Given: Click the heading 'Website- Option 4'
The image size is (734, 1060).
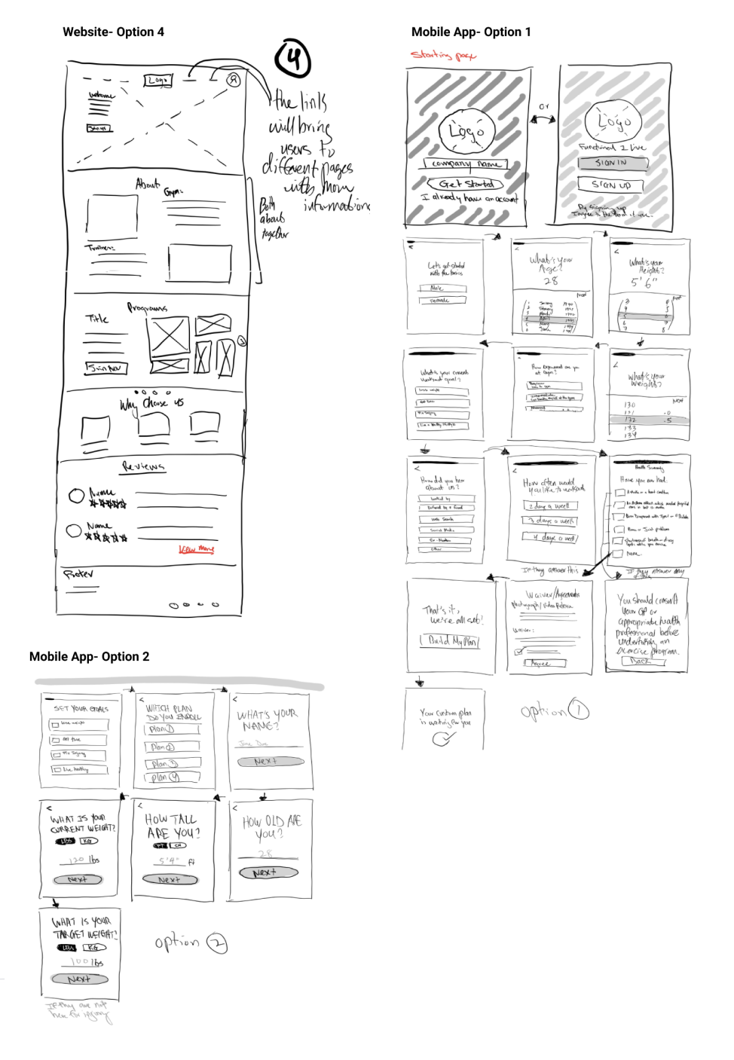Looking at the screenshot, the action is tap(113, 32).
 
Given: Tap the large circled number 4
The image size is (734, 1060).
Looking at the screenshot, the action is tap(292, 58).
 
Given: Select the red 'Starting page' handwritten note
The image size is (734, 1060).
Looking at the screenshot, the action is tap(442, 54).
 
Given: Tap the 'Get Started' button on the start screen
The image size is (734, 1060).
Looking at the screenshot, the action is tap(466, 183).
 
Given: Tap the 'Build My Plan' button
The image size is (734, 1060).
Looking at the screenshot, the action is tap(450, 640).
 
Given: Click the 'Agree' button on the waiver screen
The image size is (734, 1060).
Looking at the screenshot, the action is tap(541, 663).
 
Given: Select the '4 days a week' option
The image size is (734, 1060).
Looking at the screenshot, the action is tap(551, 538).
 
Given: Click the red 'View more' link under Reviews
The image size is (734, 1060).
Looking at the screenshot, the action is tap(196, 549).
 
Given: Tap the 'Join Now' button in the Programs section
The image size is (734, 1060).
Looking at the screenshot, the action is tap(106, 368).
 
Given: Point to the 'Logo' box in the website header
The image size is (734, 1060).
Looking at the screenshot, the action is tap(158, 80).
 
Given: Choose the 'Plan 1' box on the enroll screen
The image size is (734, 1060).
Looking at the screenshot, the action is tap(173, 729).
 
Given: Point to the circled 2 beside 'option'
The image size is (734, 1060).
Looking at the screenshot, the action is tap(217, 943).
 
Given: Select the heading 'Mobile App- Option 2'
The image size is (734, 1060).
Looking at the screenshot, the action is tap(89, 656).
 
